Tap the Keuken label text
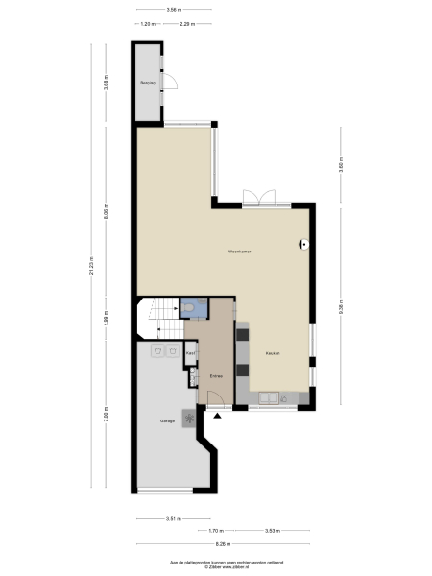(274, 354)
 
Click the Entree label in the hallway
(217, 375)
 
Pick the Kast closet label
(191, 354)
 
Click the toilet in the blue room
(194, 307)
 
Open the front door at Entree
(216, 406)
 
